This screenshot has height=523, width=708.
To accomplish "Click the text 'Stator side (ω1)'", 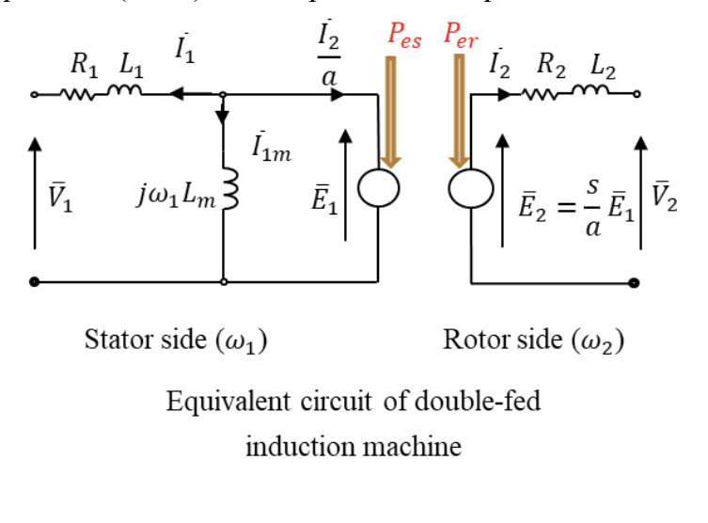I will [x=175, y=339].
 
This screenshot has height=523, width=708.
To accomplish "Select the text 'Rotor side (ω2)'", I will [x=533, y=339].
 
